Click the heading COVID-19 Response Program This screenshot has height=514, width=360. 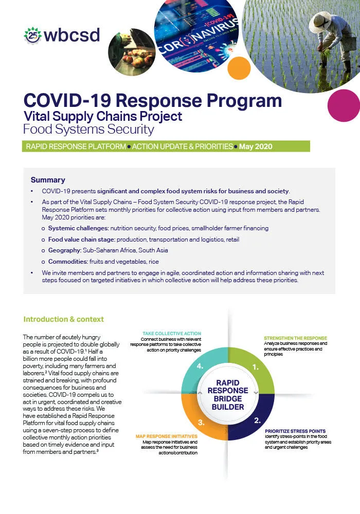coord(153,100)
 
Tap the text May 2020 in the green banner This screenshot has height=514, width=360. coord(255,146)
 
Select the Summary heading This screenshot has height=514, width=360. coord(48,180)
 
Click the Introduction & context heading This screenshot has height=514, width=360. coord(64,319)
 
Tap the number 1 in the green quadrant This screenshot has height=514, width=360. coord(255,368)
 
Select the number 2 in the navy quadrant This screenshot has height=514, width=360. coord(257,420)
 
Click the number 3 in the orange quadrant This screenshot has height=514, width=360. coord(203,423)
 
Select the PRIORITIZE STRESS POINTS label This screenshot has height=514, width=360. coord(295,431)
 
